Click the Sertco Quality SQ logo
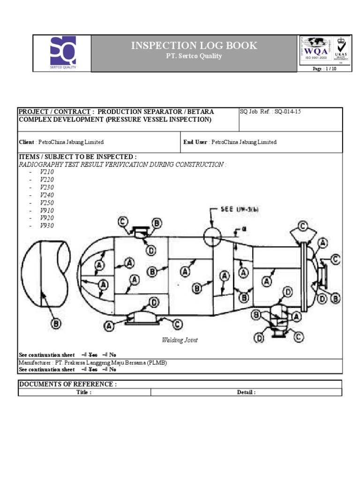pyautogui.click(x=62, y=52)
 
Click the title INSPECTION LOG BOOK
pyautogui.click(x=194, y=45)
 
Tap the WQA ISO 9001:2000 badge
pyautogui.click(x=315, y=50)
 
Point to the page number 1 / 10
pyautogui.click(x=324, y=68)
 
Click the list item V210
pyautogui.click(x=47, y=172)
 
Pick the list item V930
pyautogui.click(x=47, y=225)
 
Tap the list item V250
pyautogui.click(x=47, y=202)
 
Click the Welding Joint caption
pyautogui.click(x=180, y=340)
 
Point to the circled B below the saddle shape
pyautogui.click(x=55, y=323)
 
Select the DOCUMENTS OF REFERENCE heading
pyautogui.click(x=67, y=384)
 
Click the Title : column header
pyautogui.click(x=84, y=392)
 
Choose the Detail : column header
pyautogui.click(x=246, y=392)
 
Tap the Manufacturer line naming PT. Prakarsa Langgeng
pyautogui.click(x=92, y=363)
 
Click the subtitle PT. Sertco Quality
pyautogui.click(x=194, y=56)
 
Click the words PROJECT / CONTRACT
pyautogui.click(x=54, y=112)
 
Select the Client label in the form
pyautogui.click(x=26, y=142)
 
